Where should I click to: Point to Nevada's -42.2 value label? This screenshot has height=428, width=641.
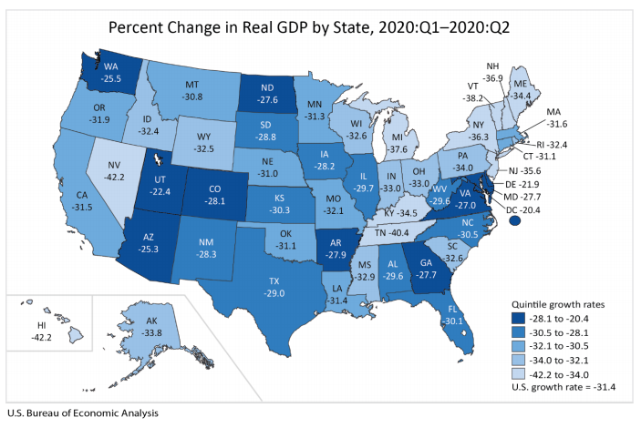tap(114, 170)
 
